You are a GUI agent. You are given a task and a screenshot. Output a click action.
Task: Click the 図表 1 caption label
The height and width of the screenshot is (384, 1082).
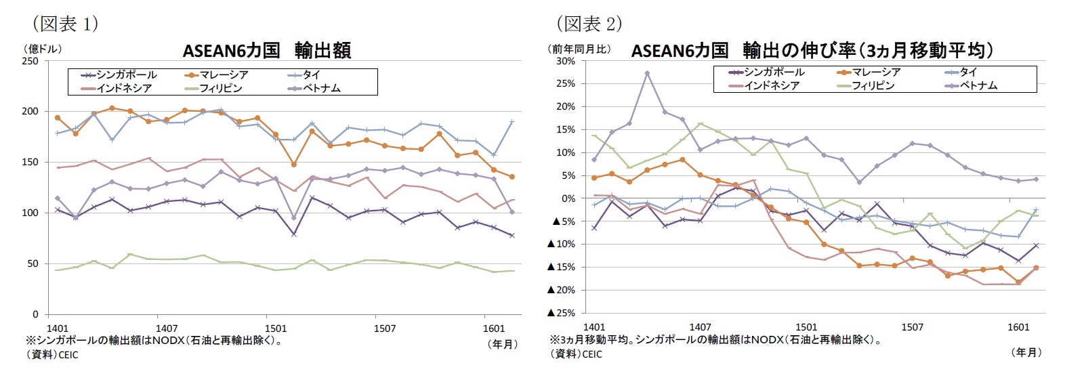(x=66, y=24)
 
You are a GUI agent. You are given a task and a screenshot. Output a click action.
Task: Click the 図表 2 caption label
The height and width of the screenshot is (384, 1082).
(x=589, y=24)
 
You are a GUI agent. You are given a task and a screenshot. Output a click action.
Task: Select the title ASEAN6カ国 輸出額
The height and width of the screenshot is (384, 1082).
(x=266, y=51)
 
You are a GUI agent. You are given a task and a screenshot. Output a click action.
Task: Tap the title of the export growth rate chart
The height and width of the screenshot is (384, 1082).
(x=812, y=51)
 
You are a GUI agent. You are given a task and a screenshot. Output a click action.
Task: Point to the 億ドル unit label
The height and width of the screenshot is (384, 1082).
(x=43, y=49)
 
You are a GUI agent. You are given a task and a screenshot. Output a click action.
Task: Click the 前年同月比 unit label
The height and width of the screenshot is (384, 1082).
(x=579, y=49)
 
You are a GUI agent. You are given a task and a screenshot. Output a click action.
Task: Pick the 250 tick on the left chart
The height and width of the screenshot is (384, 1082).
(x=30, y=61)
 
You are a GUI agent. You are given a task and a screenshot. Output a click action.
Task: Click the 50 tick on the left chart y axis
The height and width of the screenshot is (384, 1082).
(x=33, y=263)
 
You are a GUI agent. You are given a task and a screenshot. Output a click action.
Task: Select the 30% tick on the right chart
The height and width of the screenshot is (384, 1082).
(x=565, y=61)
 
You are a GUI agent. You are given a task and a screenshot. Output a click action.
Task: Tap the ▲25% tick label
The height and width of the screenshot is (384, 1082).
(x=561, y=313)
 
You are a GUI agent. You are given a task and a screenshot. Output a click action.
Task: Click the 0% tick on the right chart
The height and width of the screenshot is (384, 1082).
(x=568, y=198)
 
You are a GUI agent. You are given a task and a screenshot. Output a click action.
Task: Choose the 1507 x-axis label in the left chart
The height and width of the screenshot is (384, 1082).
(x=384, y=328)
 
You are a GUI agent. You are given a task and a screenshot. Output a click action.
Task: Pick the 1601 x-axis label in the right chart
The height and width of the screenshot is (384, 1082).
(x=1018, y=327)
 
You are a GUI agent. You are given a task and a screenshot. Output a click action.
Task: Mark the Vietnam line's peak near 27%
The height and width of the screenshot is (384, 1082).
(x=647, y=73)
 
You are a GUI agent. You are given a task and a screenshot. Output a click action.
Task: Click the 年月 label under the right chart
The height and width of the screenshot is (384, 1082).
(x=1026, y=352)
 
